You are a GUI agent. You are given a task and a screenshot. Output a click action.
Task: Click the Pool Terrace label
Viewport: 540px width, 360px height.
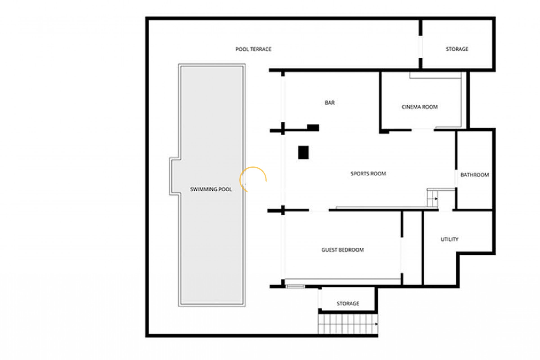coord(253,49)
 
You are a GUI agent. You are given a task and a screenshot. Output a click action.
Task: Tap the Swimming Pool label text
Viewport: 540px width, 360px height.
coord(211,189)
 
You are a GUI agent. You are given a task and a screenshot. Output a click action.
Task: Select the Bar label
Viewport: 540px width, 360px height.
coord(330,103)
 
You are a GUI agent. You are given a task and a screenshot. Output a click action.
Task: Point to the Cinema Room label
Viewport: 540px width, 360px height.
coord(419,107)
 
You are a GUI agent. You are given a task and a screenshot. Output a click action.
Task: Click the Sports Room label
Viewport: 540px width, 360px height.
coord(368,174)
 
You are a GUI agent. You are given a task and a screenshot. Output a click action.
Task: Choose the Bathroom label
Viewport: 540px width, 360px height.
coord(474,175)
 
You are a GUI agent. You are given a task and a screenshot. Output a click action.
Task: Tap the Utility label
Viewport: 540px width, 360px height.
coord(449,239)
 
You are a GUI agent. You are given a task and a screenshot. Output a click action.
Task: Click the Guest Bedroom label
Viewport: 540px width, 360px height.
coord(343,250)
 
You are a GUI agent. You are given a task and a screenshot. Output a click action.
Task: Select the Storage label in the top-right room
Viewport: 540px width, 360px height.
coord(457,49)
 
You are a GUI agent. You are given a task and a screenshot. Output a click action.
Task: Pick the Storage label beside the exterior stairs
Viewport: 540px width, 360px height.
coord(348,303)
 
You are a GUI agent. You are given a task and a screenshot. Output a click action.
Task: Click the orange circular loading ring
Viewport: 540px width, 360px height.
coord(253,180)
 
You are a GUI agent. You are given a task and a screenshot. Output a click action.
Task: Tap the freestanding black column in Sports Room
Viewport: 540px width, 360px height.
coord(303,153)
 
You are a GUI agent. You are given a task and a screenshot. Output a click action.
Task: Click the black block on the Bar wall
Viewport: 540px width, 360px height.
coord(313,128)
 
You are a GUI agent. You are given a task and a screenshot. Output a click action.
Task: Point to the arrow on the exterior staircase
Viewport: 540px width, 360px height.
coord(376,324)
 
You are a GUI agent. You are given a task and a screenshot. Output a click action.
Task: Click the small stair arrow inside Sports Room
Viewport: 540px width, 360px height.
coord(436,199)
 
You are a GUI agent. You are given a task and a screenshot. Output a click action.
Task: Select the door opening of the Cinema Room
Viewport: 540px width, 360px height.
coord(423,130)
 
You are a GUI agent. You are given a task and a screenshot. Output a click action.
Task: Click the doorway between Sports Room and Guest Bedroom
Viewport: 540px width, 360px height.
coord(319,210)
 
